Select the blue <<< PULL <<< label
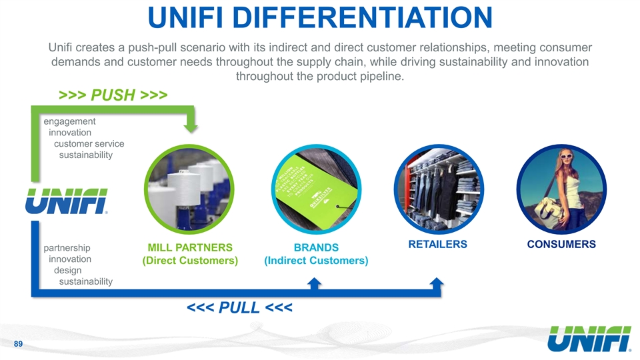(239, 309)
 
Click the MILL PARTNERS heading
(190, 247)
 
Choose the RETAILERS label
(437, 244)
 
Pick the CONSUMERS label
(561, 244)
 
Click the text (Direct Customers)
(190, 261)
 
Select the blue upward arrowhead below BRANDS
(315, 283)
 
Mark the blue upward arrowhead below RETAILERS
(437, 283)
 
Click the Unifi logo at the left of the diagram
(67, 200)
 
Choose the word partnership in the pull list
(67, 246)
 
